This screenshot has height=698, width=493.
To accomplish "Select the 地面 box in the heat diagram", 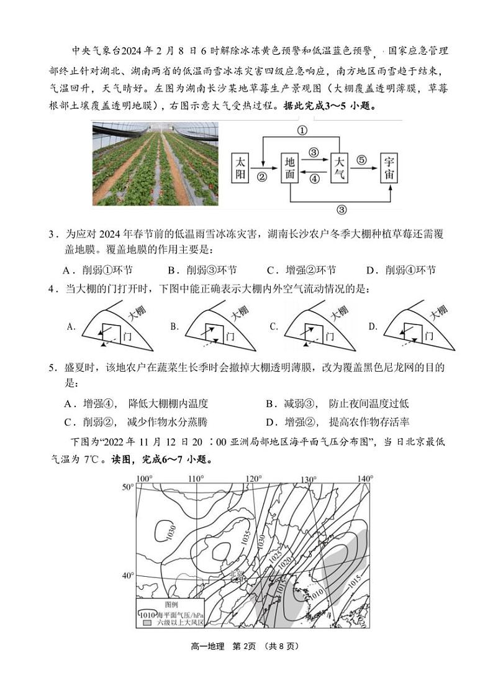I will click(290, 168).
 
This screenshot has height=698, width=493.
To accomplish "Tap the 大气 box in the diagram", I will click(339, 168).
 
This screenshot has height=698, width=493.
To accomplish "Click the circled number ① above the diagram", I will click(302, 131).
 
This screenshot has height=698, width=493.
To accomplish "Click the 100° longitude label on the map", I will click(145, 478).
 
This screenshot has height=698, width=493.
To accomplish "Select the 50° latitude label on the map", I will click(128, 487).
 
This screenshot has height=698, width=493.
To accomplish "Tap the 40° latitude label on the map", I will click(128, 576).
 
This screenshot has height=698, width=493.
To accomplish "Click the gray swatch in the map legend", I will click(147, 622).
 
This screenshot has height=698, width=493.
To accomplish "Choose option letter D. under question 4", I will click(373, 326).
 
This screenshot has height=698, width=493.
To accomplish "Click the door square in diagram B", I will click(212, 331).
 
